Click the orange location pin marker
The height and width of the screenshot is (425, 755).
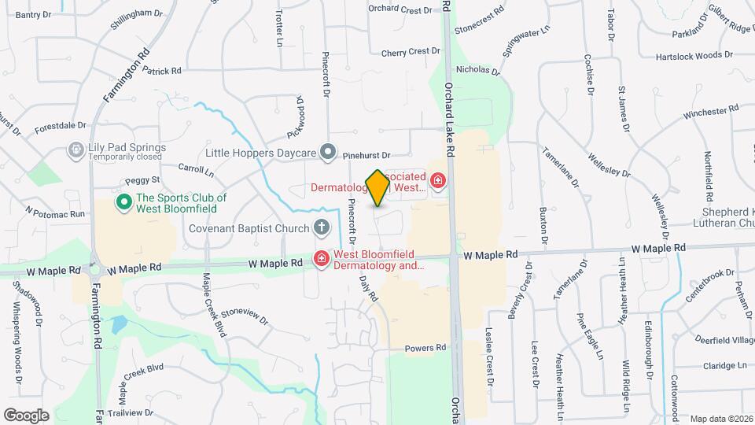[377, 188]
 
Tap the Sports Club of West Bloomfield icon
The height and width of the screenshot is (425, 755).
[123, 203]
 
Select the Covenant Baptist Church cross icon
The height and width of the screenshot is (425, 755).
[321, 228]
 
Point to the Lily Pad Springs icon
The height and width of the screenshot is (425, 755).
[75, 148]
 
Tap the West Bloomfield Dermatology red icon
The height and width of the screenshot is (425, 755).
[321, 258]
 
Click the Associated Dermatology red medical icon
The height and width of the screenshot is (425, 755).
[437, 182]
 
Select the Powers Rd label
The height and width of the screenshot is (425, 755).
[425, 347]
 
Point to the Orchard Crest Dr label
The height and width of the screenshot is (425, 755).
[400, 10]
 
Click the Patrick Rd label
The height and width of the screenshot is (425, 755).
[162, 71]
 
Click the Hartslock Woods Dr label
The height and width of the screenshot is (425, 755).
[691, 56]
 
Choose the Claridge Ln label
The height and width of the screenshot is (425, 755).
[723, 366]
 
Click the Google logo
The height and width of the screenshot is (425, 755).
[26, 415]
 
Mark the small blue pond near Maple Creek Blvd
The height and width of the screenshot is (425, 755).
[119, 323]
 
